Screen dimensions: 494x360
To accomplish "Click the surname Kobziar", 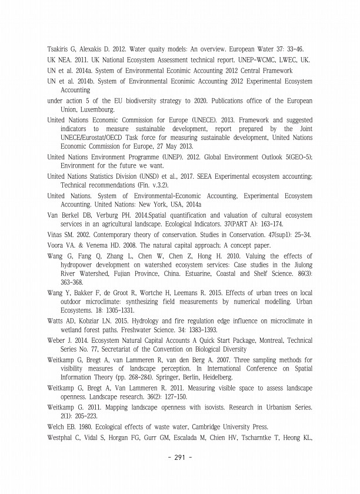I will (x=97, y=321).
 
